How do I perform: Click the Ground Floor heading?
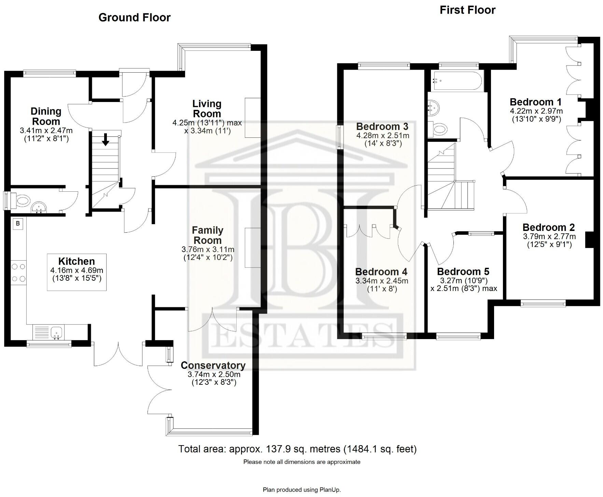(134, 17)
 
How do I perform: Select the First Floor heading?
(467, 10)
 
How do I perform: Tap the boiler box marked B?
(18, 224)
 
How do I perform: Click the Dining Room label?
(46, 116)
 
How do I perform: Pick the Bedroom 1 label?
(535, 102)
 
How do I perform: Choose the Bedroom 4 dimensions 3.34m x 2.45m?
(382, 281)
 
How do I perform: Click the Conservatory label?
(213, 365)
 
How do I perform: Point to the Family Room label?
(207, 235)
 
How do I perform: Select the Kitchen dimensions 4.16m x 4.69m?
(76, 270)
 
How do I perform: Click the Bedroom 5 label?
(463, 272)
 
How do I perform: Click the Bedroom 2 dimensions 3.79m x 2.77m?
(549, 236)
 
